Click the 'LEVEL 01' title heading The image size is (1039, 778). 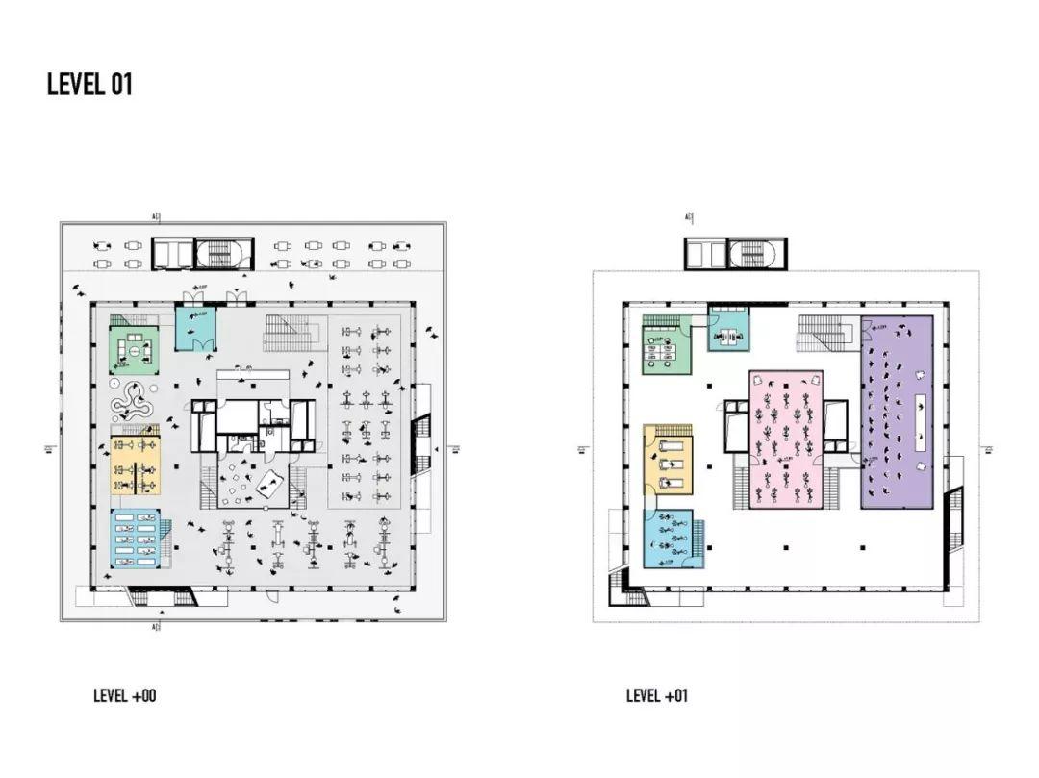coord(89,85)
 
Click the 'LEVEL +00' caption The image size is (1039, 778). coord(124,695)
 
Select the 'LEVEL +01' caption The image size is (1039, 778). coord(657,695)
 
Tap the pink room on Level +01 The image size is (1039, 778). coord(786,439)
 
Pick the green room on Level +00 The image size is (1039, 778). coord(134,350)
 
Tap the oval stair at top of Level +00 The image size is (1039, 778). coord(225,254)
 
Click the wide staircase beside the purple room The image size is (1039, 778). coord(824,334)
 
